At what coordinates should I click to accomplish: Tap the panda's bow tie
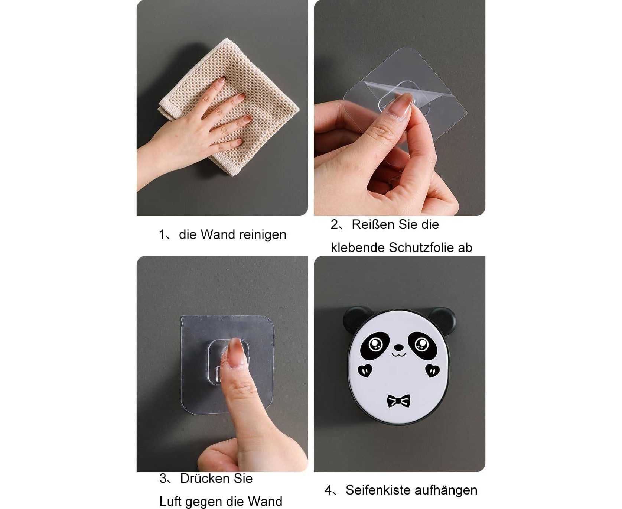[x=398, y=401]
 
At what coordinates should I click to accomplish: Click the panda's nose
[x=398, y=348]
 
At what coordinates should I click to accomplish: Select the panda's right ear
[x=443, y=320]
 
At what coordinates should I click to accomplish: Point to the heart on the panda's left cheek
[x=365, y=370]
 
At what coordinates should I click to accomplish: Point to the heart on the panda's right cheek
[x=432, y=370]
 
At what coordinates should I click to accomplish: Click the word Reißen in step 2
[x=373, y=225]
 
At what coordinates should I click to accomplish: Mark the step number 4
[x=328, y=490]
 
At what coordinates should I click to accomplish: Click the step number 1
[x=162, y=235]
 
